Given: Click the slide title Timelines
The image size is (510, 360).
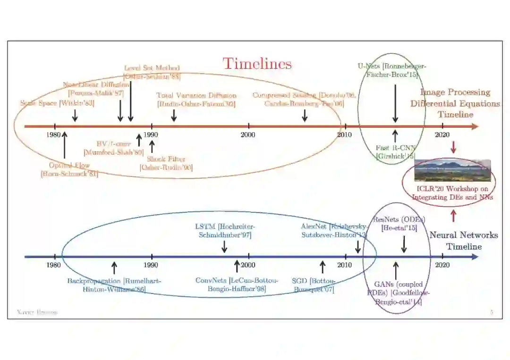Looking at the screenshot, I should pyautogui.click(x=257, y=64).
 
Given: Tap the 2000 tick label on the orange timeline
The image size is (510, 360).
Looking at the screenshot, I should pyautogui.click(x=248, y=135).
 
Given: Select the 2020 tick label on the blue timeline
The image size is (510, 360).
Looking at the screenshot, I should pyautogui.click(x=442, y=265).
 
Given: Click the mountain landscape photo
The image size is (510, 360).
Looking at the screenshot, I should pyautogui.click(x=452, y=170).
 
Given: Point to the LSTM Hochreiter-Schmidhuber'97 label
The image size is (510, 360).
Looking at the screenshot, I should pyautogui.click(x=225, y=230).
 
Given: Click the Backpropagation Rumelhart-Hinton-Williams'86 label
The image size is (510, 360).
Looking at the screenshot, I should pyautogui.click(x=114, y=285).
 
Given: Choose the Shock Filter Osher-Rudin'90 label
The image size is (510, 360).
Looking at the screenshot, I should pyautogui.click(x=166, y=163).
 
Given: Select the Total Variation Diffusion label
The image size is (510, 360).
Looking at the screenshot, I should pyautogui.click(x=196, y=100).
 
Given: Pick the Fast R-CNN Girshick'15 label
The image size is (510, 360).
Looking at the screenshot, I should pyautogui.click(x=395, y=152).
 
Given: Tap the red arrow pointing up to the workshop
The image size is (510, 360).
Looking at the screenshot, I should pyautogui.click(x=454, y=216).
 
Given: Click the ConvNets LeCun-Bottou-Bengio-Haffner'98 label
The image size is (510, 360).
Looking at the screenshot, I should pyautogui.click(x=237, y=285).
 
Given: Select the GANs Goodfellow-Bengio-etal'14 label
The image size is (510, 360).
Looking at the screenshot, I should pyautogui.click(x=398, y=293).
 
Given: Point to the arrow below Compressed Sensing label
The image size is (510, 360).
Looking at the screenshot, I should pyautogui.click(x=305, y=115).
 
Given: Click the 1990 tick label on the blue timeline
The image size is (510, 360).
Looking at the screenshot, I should pyautogui.click(x=151, y=265).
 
